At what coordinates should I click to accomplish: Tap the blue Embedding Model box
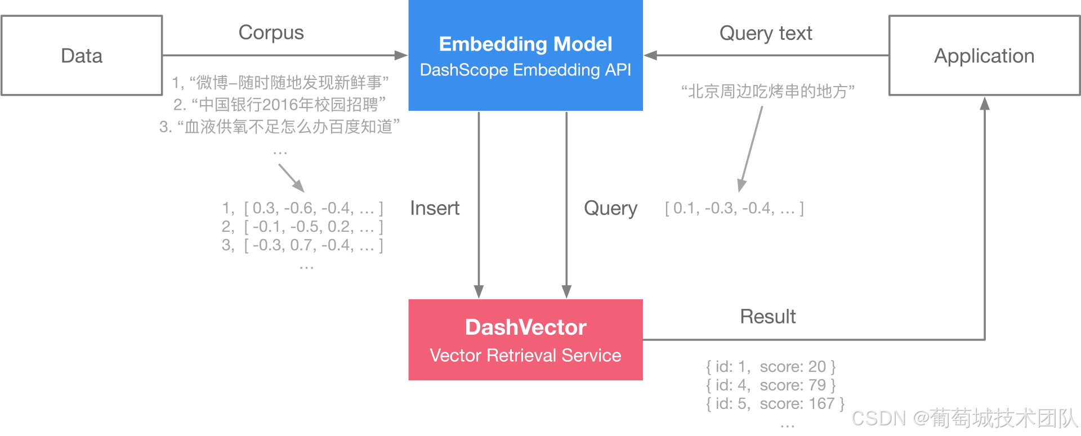[x=525, y=55]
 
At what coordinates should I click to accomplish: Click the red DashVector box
[x=525, y=340]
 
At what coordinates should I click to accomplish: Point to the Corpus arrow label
[x=271, y=33]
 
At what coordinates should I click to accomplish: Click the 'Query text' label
[x=766, y=33]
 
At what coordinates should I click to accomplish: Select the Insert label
[x=435, y=208]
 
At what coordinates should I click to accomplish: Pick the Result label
[x=768, y=317]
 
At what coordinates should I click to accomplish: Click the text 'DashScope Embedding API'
[x=525, y=70]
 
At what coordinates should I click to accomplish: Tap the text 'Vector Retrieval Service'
[x=525, y=356]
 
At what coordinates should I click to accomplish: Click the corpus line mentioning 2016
[x=280, y=105]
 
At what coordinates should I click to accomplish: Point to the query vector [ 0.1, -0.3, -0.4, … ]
[x=734, y=208]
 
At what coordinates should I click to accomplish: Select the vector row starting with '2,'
[x=302, y=227]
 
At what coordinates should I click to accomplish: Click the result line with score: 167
[x=775, y=403]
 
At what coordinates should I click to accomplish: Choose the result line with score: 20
[x=771, y=367]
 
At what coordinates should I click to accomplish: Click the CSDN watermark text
[x=964, y=419]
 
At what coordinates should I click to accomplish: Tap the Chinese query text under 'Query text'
[x=768, y=91]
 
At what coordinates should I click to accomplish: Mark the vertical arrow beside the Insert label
[x=479, y=205]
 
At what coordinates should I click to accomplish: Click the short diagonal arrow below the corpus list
[x=292, y=178]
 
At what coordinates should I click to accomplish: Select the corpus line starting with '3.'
[x=280, y=127]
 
